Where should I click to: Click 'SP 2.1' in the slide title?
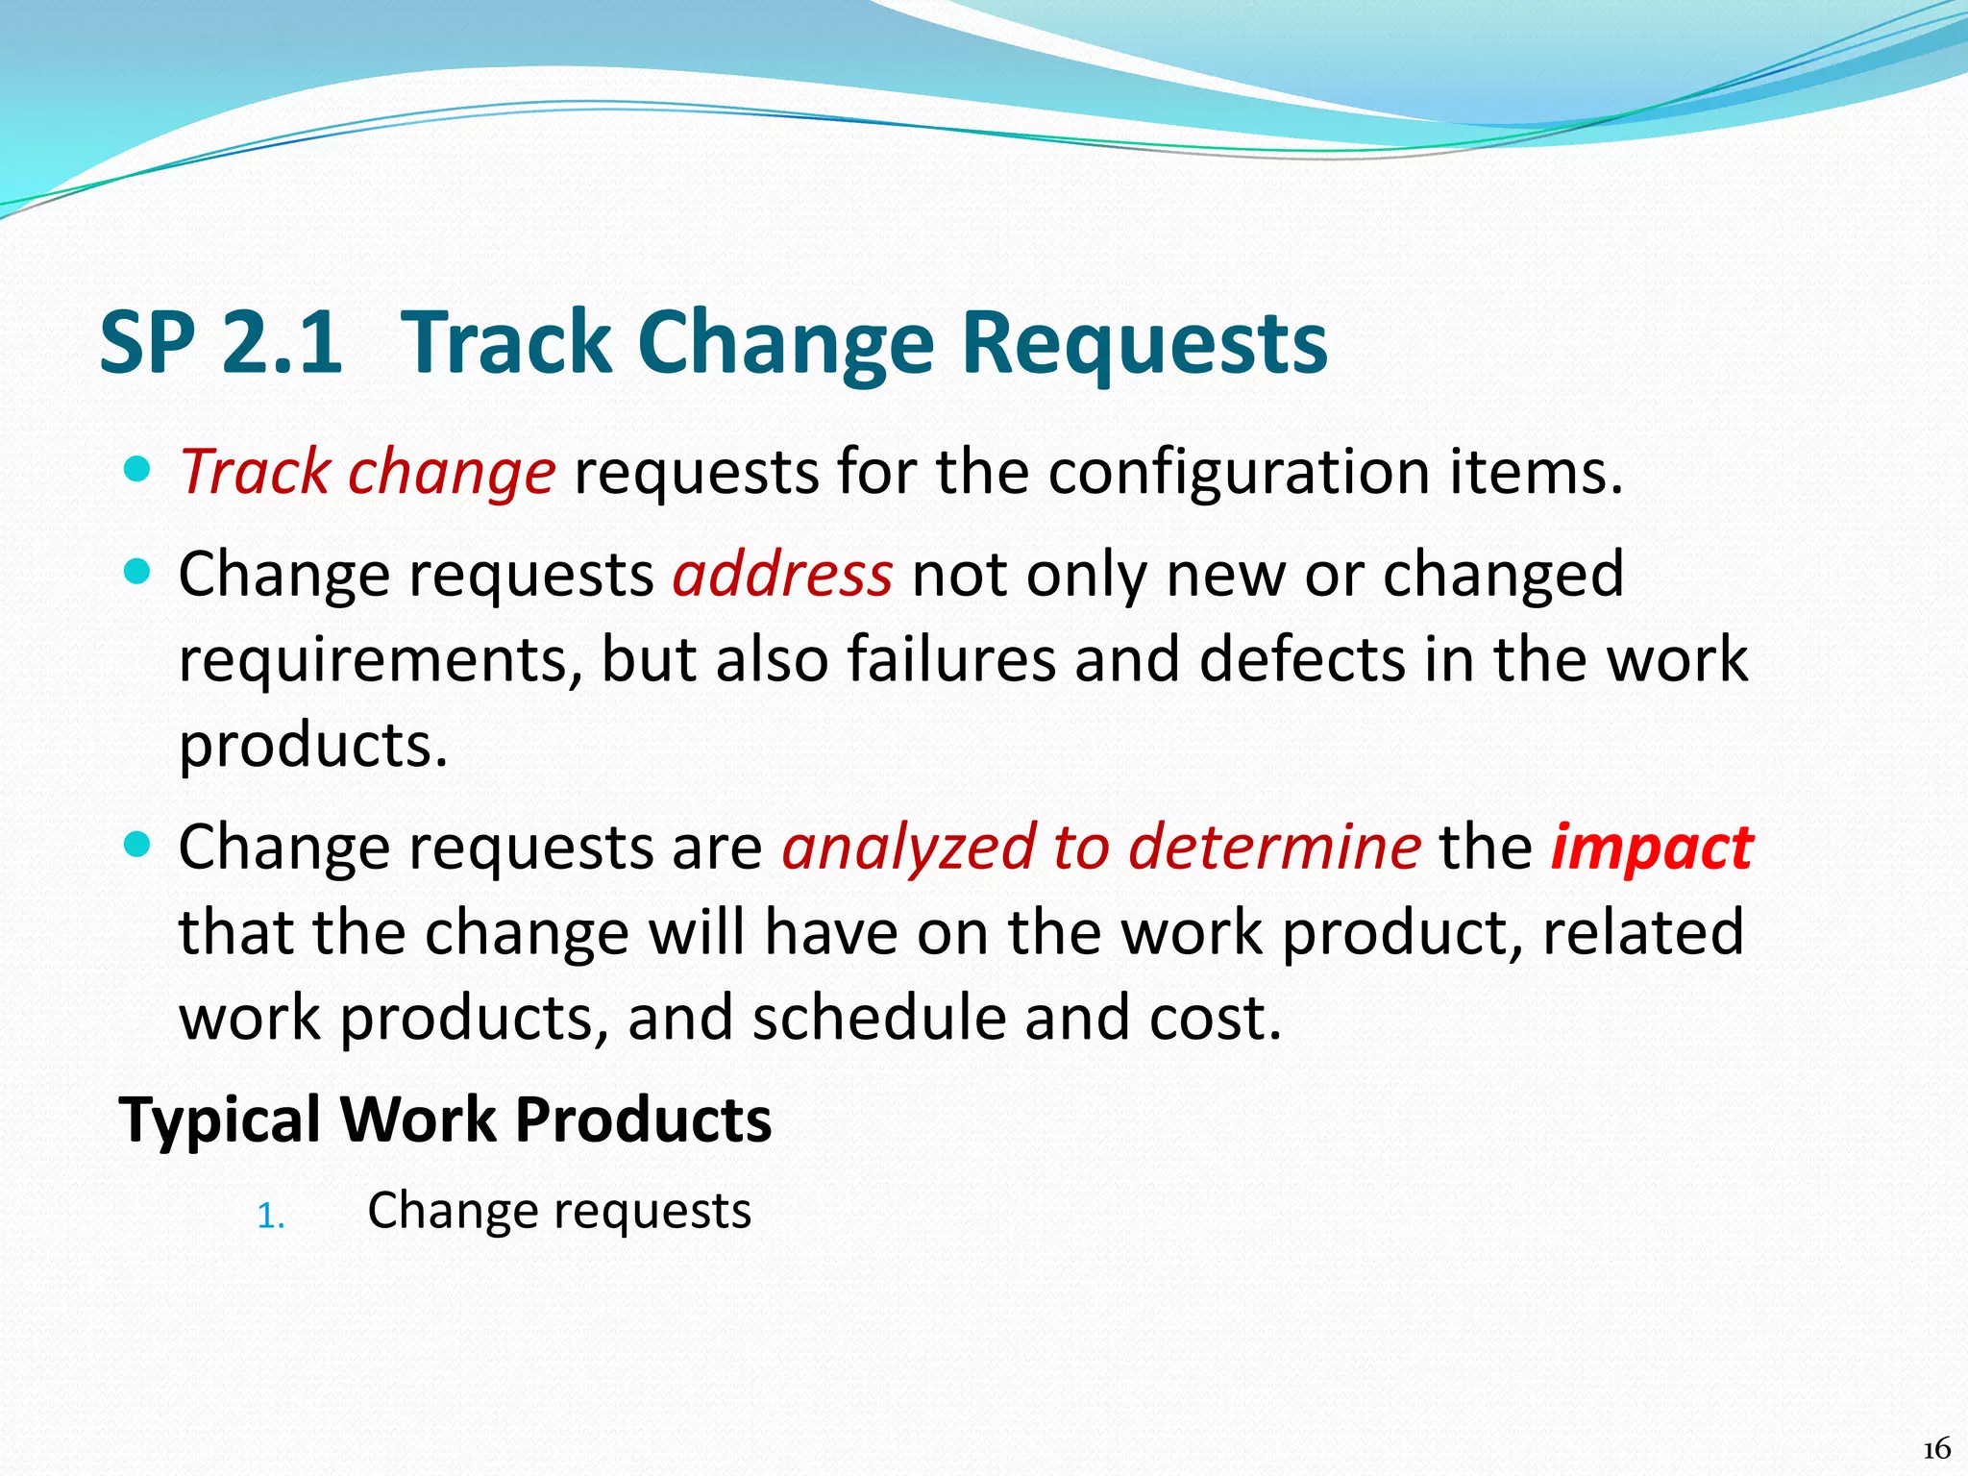(220, 342)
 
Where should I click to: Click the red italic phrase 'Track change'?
(367, 473)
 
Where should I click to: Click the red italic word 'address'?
(782, 575)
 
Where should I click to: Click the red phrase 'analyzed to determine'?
(1101, 848)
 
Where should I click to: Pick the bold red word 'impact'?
(1652, 848)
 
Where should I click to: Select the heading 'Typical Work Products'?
(445, 1119)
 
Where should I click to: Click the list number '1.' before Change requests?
(271, 1218)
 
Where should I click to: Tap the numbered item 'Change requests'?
(559, 1211)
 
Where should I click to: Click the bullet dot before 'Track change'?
(138, 470)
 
